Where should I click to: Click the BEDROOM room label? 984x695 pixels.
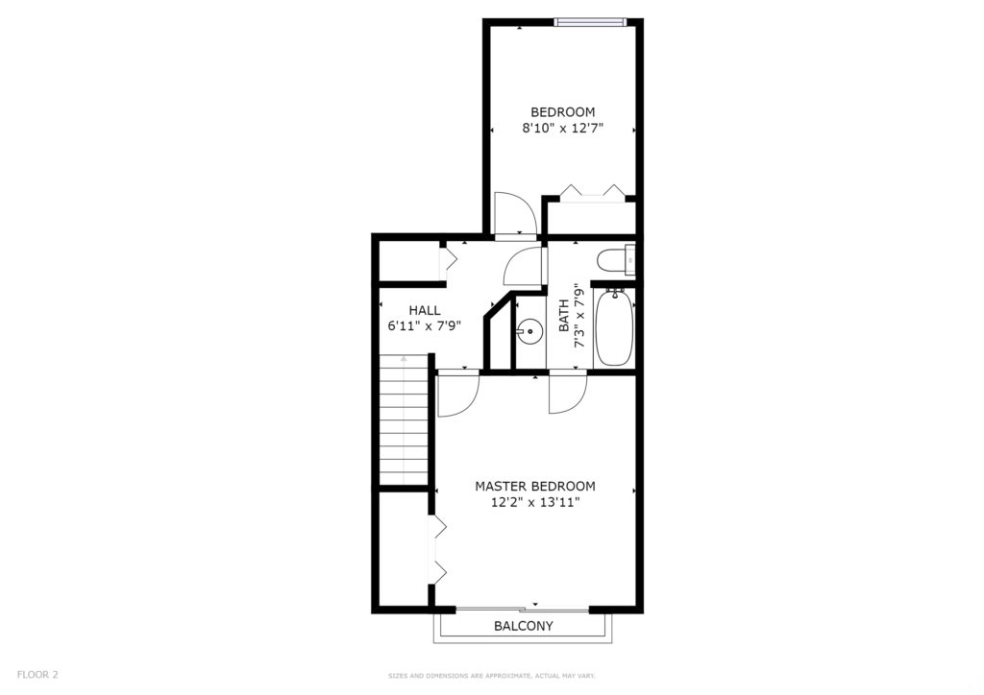(562, 112)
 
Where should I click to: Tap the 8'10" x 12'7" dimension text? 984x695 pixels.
(562, 129)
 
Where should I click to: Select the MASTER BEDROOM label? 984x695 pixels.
(534, 487)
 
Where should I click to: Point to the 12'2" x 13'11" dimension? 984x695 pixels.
(534, 502)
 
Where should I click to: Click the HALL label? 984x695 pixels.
(425, 310)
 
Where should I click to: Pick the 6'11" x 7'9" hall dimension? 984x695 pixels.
(425, 325)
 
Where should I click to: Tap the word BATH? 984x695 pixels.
(563, 316)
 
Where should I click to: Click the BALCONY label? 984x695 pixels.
(524, 626)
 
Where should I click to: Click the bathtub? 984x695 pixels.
(614, 327)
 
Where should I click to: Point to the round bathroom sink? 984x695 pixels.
(529, 331)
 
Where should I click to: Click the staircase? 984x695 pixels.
(404, 419)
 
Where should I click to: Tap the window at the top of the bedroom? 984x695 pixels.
(591, 23)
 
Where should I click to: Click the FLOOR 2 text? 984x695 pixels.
(37, 675)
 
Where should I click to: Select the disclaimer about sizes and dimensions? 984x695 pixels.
(491, 676)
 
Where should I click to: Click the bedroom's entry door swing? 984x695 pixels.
(514, 213)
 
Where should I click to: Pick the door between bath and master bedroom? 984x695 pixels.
(567, 392)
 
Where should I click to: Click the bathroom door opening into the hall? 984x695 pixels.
(523, 266)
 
